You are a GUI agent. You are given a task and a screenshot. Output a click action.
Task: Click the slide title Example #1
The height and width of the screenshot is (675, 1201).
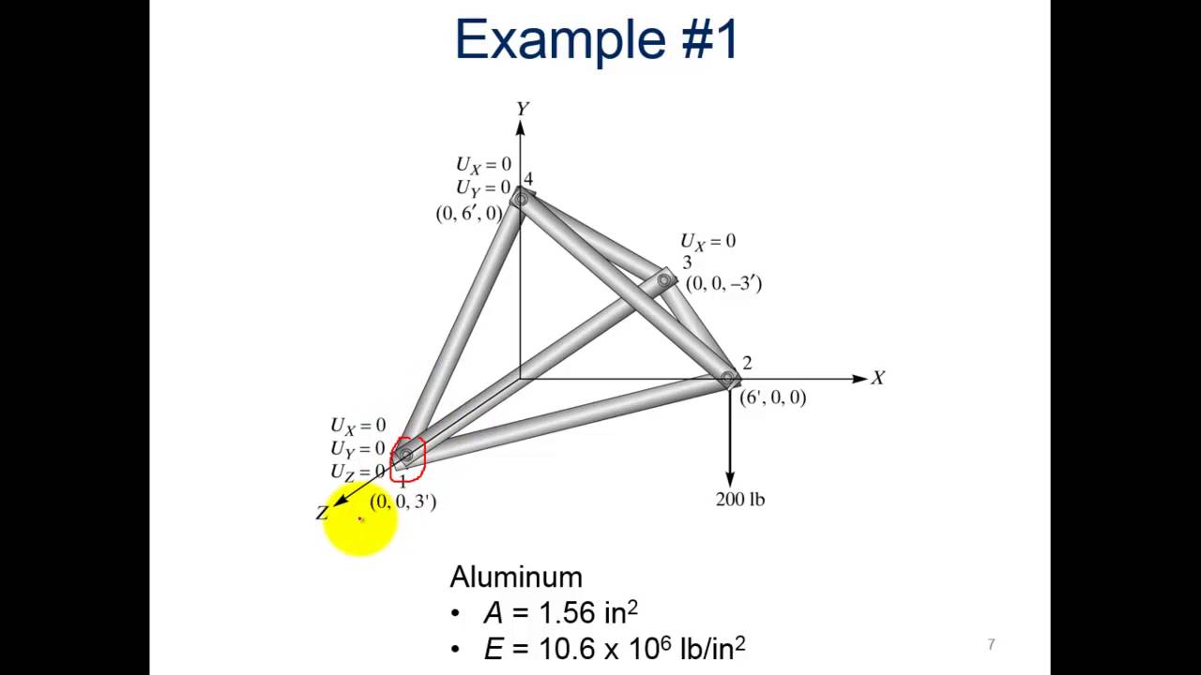(x=598, y=40)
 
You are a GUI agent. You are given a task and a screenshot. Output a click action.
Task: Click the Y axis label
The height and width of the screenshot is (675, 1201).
(x=522, y=109)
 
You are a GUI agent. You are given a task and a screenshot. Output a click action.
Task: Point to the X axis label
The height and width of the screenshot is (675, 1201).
(x=877, y=378)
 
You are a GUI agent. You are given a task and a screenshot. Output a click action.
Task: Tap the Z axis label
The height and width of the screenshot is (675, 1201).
(x=322, y=513)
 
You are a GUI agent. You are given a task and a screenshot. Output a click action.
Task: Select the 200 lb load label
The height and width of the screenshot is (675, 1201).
(x=740, y=499)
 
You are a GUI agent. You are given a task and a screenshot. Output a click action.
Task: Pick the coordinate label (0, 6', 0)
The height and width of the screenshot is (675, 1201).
(x=468, y=214)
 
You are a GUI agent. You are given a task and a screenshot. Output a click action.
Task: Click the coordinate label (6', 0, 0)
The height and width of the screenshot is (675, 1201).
(x=772, y=397)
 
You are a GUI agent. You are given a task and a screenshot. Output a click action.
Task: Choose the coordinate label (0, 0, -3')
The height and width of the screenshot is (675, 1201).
(x=723, y=283)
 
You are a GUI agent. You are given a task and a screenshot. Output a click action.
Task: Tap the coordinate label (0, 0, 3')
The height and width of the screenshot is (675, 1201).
(x=403, y=502)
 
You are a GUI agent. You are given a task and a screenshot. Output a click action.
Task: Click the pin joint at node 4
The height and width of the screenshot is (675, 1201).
(x=521, y=199)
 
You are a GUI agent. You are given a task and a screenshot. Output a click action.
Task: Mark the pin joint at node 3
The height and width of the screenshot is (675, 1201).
(x=664, y=279)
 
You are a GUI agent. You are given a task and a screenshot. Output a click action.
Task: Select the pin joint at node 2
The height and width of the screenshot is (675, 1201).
(x=728, y=379)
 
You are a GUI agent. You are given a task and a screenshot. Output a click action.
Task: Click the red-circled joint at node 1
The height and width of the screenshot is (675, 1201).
(x=406, y=457)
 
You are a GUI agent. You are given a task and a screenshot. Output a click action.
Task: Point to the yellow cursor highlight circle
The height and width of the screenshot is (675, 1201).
(x=360, y=520)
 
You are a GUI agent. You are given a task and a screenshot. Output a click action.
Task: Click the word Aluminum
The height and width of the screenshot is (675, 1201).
(x=516, y=577)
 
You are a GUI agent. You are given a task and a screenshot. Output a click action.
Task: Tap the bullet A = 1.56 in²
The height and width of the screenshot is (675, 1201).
(x=560, y=613)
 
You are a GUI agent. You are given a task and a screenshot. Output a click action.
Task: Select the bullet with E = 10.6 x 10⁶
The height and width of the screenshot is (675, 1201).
(x=614, y=648)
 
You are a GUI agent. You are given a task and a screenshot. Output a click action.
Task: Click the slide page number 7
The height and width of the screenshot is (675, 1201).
(x=991, y=644)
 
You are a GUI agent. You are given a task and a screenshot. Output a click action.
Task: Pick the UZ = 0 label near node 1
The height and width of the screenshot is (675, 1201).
(x=357, y=472)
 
